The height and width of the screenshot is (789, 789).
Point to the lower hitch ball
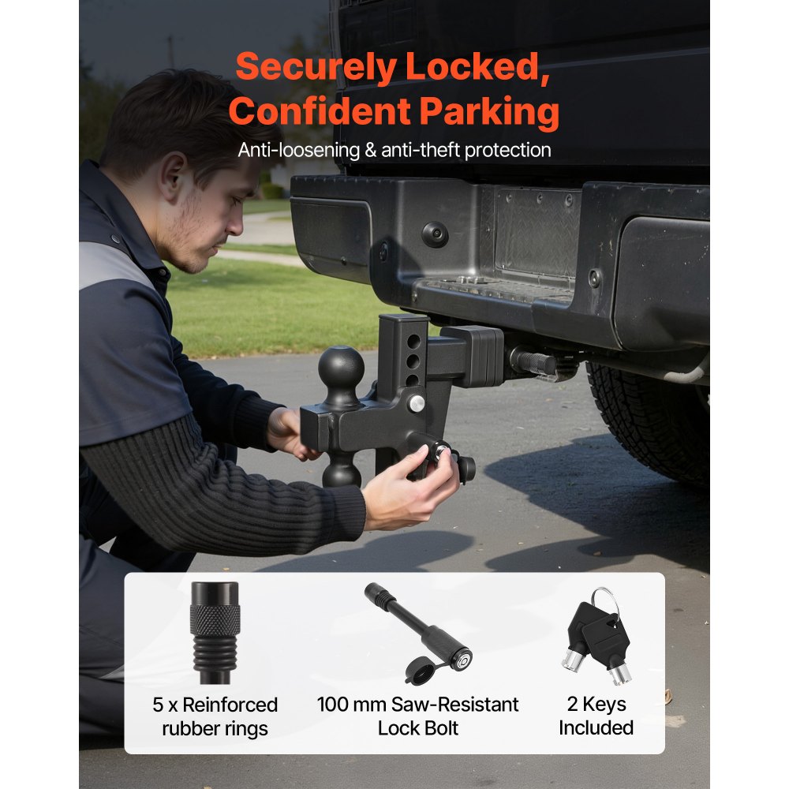click(x=341, y=472)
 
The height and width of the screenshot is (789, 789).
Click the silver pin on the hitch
click(x=417, y=403)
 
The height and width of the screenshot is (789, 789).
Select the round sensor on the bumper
click(x=435, y=234)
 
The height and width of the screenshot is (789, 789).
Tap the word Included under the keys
click(x=596, y=727)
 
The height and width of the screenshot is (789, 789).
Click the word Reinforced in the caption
click(x=228, y=705)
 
